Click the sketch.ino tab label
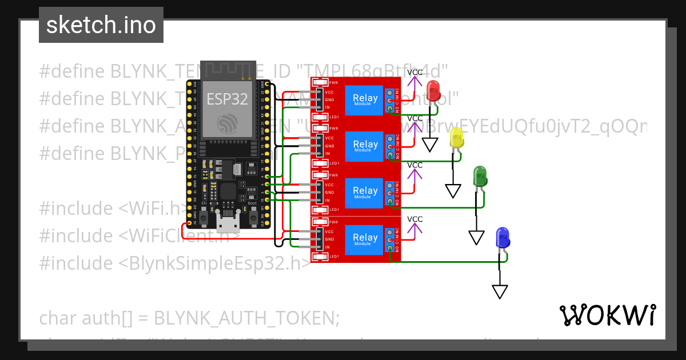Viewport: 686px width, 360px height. (101, 25)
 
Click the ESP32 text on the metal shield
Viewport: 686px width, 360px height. (227, 99)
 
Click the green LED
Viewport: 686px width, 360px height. (479, 176)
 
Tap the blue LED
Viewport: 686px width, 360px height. (502, 237)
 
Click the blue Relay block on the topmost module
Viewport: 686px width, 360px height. (365, 98)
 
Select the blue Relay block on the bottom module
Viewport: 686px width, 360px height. (365, 238)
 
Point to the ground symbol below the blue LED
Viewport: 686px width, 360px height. (500, 291)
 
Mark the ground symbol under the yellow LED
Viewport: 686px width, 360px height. (453, 191)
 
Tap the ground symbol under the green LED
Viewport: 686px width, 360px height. (476, 237)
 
